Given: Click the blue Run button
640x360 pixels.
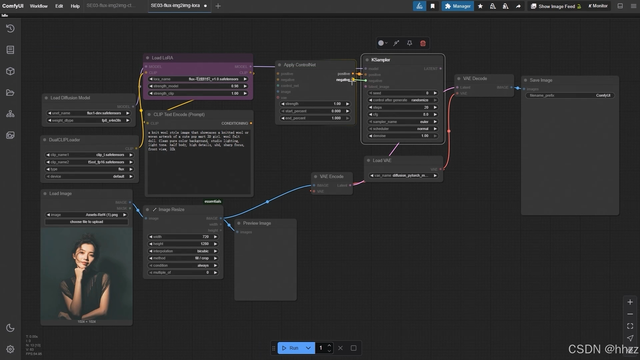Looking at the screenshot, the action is coord(290,348).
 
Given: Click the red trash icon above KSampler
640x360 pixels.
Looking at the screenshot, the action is coord(423,43).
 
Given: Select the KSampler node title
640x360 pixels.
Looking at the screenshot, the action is coord(381,60).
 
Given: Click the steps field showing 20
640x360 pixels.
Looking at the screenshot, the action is coord(402,107).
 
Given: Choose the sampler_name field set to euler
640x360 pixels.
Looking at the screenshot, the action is coord(402,122).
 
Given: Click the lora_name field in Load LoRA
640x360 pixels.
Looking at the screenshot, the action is coord(198,79).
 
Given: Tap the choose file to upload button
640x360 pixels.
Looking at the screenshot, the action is coord(86,222).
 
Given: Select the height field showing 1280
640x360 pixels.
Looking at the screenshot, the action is coord(183,244).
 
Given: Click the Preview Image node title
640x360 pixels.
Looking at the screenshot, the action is coord(257,223).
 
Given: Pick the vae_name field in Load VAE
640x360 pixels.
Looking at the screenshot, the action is coord(403,176).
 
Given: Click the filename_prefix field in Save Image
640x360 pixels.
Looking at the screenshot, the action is coord(570,96).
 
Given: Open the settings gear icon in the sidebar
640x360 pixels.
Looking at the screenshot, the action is coord(10,349).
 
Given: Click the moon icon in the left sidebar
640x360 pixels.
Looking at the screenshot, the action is coord(10,328).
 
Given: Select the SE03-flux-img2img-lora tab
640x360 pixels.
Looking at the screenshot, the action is coord(175,6).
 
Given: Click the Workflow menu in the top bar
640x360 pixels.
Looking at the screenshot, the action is coord(39,6).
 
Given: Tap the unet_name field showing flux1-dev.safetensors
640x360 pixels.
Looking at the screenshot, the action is coord(89,113).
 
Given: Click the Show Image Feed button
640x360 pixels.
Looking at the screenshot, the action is coord(556,6).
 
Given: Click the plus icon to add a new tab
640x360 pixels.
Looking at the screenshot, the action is coord(218,6).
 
